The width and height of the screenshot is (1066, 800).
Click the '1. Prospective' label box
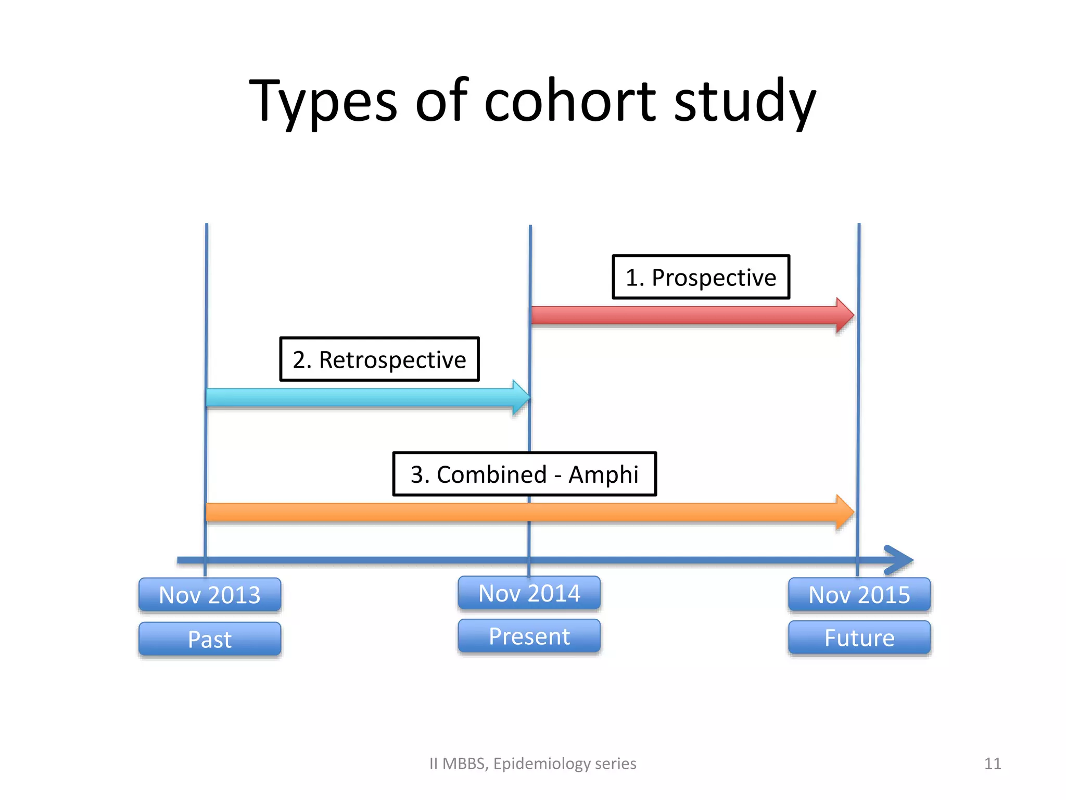[701, 277]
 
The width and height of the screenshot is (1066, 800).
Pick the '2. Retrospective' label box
[379, 359]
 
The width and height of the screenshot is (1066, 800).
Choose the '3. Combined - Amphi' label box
[524, 474]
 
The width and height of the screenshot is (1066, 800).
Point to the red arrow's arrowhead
[844, 315]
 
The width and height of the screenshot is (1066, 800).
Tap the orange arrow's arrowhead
[844, 512]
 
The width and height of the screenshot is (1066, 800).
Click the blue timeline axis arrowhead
[899, 560]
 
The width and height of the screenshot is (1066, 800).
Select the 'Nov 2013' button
[210, 595]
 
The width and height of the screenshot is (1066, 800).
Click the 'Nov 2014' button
[529, 593]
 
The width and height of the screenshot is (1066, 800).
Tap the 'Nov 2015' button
[859, 595]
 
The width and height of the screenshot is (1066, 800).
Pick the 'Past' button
[210, 639]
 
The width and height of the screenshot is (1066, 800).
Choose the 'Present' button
[529, 636]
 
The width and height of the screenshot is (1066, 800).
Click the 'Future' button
[859, 637]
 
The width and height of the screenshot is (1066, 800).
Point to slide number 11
[993, 764]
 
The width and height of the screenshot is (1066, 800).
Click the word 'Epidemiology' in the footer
[541, 764]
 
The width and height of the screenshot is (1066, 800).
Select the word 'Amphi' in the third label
[603, 474]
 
